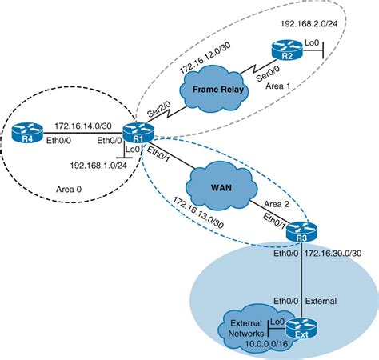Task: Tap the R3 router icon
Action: coord(301,232)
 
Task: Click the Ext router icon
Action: coord(301,326)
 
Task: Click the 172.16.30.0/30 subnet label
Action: coord(345,254)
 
